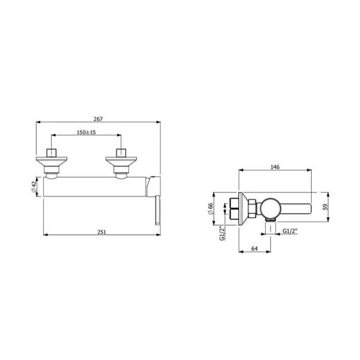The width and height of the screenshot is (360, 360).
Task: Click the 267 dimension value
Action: click(x=98, y=119)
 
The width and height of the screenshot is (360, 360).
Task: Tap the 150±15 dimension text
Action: click(x=86, y=132)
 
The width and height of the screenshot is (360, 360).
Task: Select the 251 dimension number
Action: click(x=102, y=232)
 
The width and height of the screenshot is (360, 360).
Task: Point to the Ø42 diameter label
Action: click(x=34, y=187)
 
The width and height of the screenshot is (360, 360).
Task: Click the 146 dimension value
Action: click(x=275, y=167)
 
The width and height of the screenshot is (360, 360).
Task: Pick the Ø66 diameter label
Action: click(x=210, y=209)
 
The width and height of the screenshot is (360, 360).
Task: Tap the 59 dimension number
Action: click(x=325, y=207)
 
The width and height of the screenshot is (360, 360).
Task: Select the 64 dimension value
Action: click(x=254, y=248)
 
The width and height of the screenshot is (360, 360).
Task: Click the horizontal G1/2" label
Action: click(x=290, y=231)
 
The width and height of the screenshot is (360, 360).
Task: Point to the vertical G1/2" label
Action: click(x=222, y=233)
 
